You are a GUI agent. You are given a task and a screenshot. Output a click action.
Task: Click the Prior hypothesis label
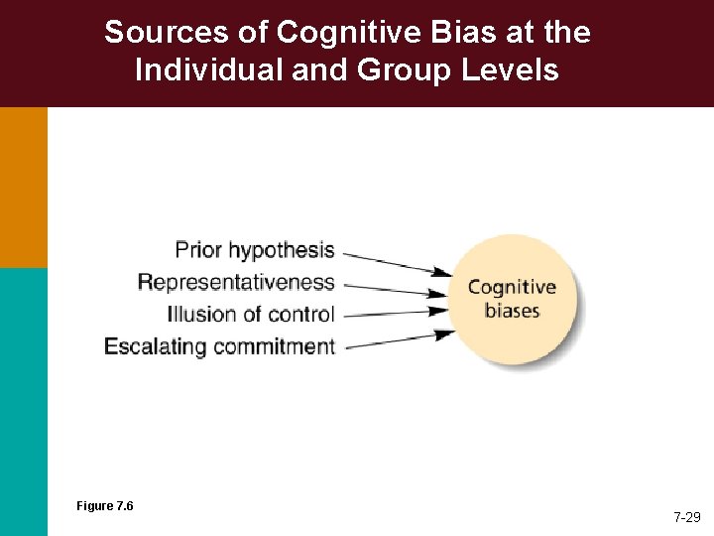pyautogui.click(x=255, y=249)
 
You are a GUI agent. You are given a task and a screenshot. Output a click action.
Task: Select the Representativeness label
pyautogui.click(x=236, y=282)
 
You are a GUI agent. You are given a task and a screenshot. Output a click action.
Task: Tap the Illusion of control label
pyautogui.click(x=251, y=315)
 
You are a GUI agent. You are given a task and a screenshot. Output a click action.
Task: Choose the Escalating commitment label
pyautogui.click(x=219, y=346)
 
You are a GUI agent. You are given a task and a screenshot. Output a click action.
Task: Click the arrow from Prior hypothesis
pyautogui.click(x=394, y=263)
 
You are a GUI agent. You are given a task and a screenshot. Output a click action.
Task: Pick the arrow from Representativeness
pyautogui.click(x=394, y=289)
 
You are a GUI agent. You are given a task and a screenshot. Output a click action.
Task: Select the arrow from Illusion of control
pyautogui.click(x=394, y=312)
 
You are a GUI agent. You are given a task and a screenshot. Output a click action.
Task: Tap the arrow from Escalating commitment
pyautogui.click(x=394, y=338)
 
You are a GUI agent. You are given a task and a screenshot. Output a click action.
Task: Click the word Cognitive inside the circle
pyautogui.click(x=512, y=288)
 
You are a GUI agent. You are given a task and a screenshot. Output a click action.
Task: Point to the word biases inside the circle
pyautogui.click(x=512, y=311)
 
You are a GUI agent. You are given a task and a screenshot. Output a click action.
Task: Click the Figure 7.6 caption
pyautogui.click(x=105, y=506)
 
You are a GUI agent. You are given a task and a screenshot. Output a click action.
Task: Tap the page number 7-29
pyautogui.click(x=687, y=517)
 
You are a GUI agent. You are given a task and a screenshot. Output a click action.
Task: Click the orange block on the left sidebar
pyautogui.click(x=23, y=187)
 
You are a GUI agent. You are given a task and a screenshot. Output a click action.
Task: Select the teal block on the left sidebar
pyautogui.click(x=23, y=401)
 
